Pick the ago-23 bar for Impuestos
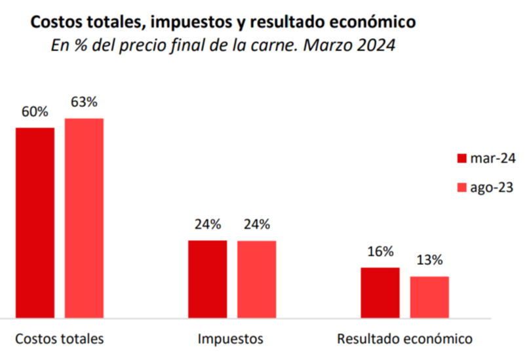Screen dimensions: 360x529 point(256,279)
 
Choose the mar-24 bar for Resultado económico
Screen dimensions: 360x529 point(380,292)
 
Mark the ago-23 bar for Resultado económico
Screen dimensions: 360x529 point(429,297)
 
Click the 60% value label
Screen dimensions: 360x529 point(35,111)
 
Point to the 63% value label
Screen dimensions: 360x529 point(84,102)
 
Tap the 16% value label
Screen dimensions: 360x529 point(380,252)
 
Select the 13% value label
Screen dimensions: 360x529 point(429,260)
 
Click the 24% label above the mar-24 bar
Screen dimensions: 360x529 point(208,224)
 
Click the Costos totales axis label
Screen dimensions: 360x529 point(60,339)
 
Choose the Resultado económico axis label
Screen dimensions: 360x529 point(404,339)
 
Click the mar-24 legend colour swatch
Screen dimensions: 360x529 point(461,158)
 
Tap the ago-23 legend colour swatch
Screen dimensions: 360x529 point(461,188)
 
